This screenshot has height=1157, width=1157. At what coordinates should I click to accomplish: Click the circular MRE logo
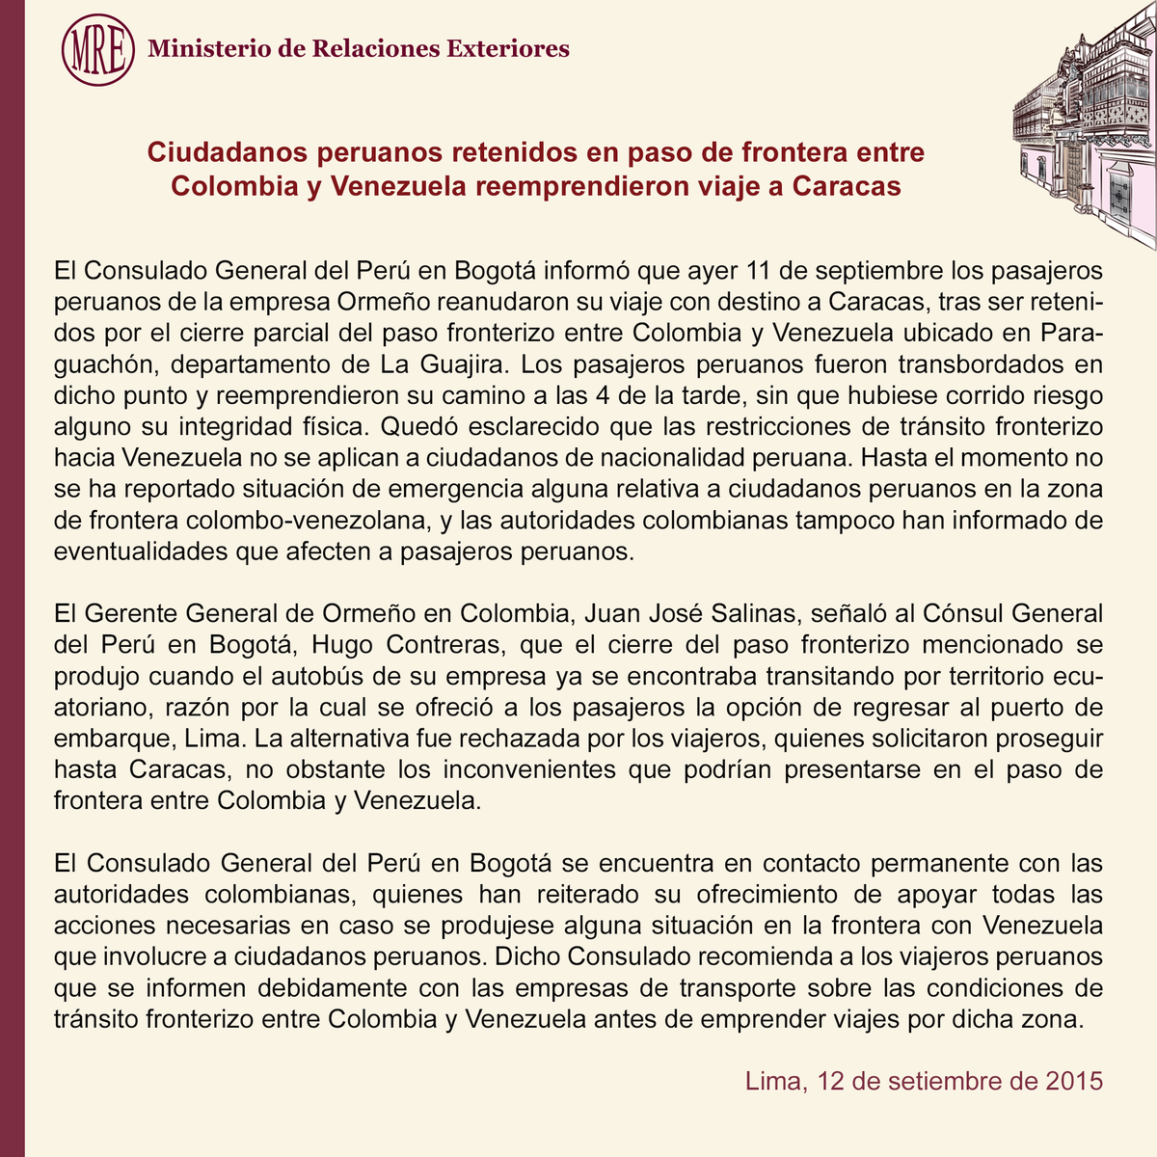coord(97,48)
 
